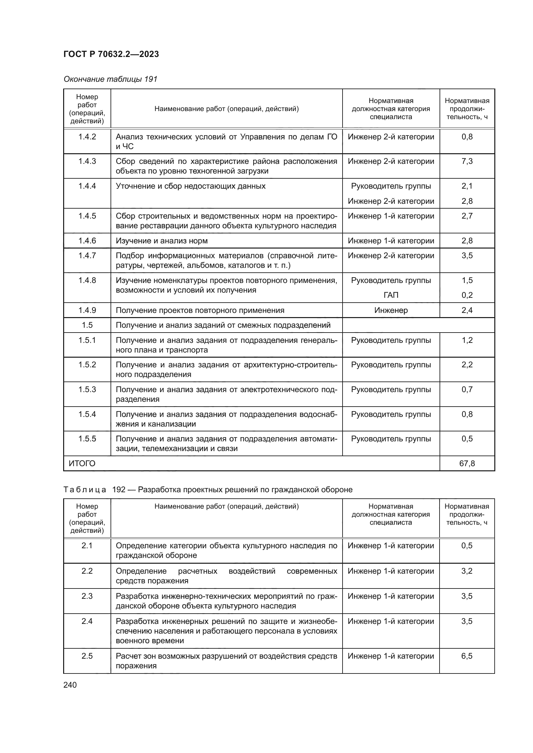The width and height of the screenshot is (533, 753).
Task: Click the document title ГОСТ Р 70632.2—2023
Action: coord(111,54)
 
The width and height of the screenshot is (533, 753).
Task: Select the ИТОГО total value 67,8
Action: coord(467,463)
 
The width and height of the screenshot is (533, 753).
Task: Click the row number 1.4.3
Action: coord(87,161)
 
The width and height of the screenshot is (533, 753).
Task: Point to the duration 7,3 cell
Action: coord(467,161)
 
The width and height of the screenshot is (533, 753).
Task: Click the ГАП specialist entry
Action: coord(391,295)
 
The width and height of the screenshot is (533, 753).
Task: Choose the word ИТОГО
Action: coord(82,463)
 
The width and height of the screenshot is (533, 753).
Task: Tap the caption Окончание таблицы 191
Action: coord(110,79)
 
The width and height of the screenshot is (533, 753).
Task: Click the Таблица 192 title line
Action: coord(208,490)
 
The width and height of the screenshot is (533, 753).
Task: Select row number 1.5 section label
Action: coord(87,325)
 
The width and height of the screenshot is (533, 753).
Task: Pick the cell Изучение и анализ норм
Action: coord(161,241)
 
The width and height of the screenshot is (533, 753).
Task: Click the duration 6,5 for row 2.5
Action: coord(467,656)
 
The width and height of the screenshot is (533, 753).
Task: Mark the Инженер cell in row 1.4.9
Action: coord(391,310)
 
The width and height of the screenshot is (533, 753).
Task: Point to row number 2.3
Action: coord(87,596)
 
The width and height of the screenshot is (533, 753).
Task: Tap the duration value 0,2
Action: coord(467,295)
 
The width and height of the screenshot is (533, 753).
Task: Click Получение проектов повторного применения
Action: coord(200,310)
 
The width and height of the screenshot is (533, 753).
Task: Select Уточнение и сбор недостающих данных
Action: coord(190,186)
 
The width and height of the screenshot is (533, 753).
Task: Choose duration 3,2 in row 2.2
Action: coord(467,571)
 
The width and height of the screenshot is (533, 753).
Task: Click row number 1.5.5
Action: coord(87,439)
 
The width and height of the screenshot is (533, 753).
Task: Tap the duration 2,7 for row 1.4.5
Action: coord(467,216)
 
